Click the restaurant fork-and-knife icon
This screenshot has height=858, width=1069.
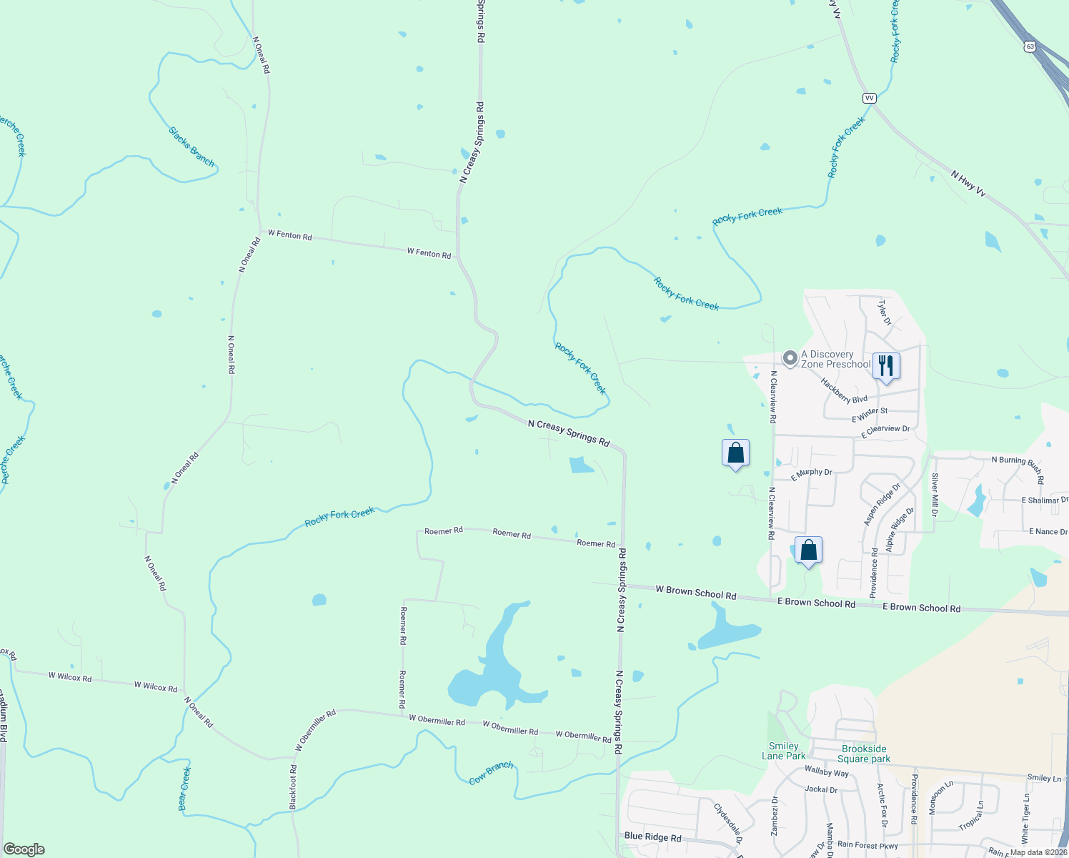tap(886, 366)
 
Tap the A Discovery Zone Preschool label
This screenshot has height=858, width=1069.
tap(835, 359)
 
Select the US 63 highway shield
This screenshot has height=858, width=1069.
tap(1029, 46)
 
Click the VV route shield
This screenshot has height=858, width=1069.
tap(869, 98)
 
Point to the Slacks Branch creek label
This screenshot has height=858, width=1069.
tap(192, 147)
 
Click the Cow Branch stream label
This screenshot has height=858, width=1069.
tap(491, 773)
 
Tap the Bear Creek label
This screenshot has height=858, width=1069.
tap(184, 789)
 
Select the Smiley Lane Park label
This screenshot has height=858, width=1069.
tap(783, 751)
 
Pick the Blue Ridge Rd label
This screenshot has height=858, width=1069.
tap(652, 837)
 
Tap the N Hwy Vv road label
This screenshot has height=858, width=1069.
tap(968, 183)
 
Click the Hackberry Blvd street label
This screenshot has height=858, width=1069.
tap(844, 391)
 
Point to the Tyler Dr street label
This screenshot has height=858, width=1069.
tap(885, 312)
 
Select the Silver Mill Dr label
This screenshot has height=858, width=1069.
tap(934, 495)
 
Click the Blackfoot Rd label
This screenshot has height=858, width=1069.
tap(293, 787)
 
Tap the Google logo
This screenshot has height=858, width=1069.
tap(24, 849)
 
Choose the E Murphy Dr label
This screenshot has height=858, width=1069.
tap(812, 473)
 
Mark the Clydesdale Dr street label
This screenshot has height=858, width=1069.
tap(727, 824)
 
